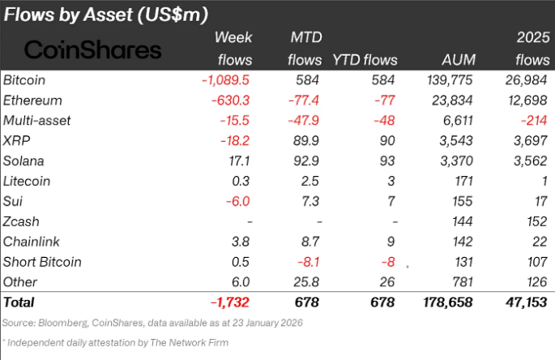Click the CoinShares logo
92,49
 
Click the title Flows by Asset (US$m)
106,14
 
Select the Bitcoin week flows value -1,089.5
224,80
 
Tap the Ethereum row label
33,101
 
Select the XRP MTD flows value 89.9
305,141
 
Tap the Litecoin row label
31,182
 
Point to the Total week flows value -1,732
231,302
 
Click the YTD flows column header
365,60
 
